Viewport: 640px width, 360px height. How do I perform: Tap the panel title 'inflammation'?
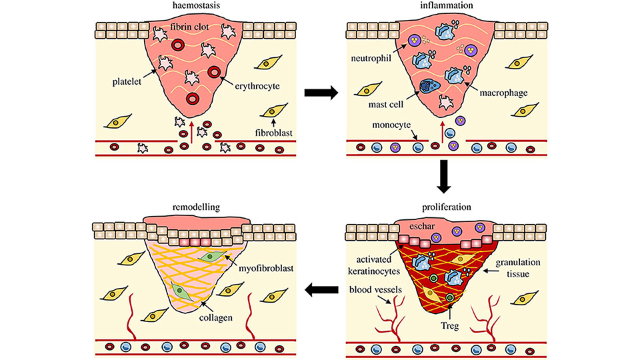pyautogui.click(x=441, y=7)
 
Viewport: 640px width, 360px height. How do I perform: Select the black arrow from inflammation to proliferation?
pyautogui.click(x=442, y=175)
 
